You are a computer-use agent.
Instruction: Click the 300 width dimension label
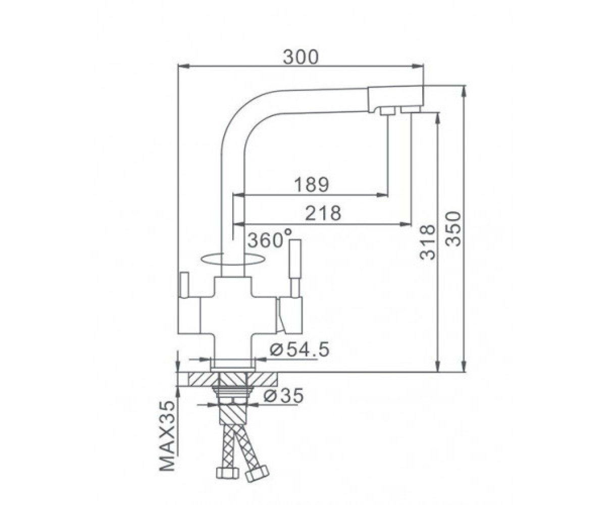tap(300, 57)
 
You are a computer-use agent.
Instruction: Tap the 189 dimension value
tap(312, 184)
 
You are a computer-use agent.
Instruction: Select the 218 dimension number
tap(323, 213)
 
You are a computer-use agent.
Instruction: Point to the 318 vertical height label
tap(428, 242)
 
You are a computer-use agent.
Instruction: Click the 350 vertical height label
tap(453, 229)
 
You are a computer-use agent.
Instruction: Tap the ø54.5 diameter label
tap(299, 349)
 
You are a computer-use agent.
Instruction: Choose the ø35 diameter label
tap(283, 395)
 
